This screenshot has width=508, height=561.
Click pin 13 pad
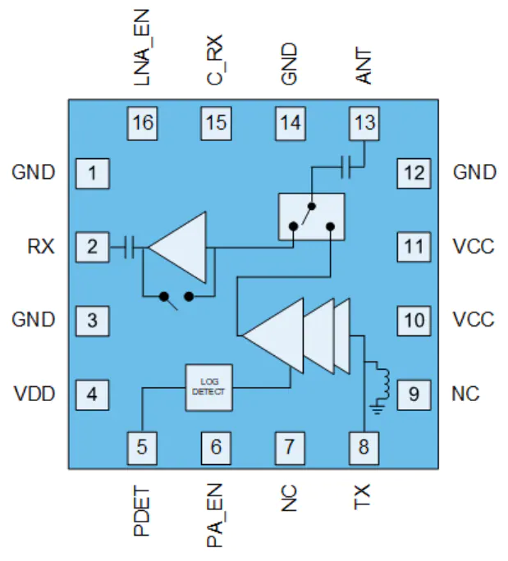click(364, 123)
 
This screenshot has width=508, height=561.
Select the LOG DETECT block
click(208, 387)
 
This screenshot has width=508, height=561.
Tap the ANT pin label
click(364, 66)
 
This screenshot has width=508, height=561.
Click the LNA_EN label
click(141, 48)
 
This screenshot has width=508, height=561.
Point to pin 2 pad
click(93, 247)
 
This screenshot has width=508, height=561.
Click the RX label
click(41, 247)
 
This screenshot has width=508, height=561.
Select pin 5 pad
click(142, 448)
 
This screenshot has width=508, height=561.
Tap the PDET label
click(141, 510)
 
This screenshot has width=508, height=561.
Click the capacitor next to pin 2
click(129, 247)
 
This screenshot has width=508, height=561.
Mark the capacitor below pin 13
click(346, 166)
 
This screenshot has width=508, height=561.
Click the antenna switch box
click(312, 217)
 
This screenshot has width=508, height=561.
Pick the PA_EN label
click(215, 515)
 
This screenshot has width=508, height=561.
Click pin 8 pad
click(364, 448)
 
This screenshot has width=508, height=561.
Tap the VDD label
click(34, 394)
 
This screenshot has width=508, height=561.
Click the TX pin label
click(362, 496)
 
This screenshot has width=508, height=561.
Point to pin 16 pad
click(142, 123)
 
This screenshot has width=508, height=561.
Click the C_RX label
click(215, 60)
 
